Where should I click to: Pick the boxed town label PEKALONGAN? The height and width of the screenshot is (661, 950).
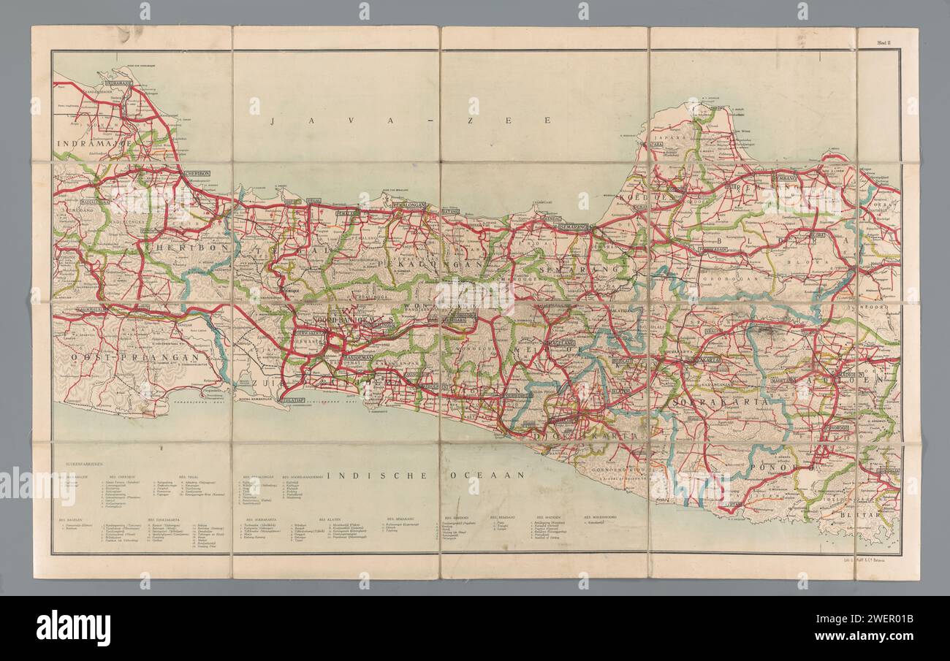coord(408,206)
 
